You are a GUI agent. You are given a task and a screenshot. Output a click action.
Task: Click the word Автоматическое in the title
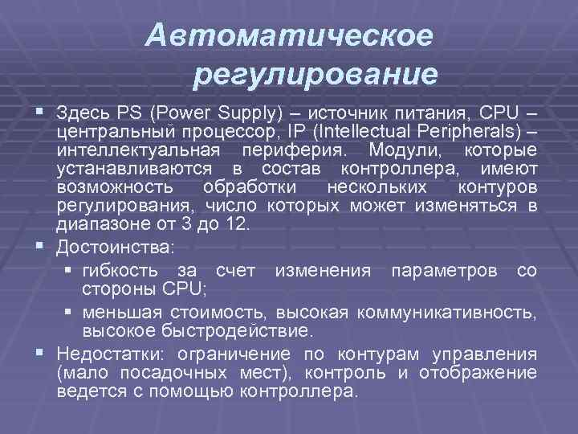(x=291, y=35)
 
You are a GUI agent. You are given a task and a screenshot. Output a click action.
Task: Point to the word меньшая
(x=119, y=312)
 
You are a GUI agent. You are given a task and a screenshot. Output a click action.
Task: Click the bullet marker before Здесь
(x=39, y=111)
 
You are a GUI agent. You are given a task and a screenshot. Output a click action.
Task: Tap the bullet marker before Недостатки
(x=39, y=354)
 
